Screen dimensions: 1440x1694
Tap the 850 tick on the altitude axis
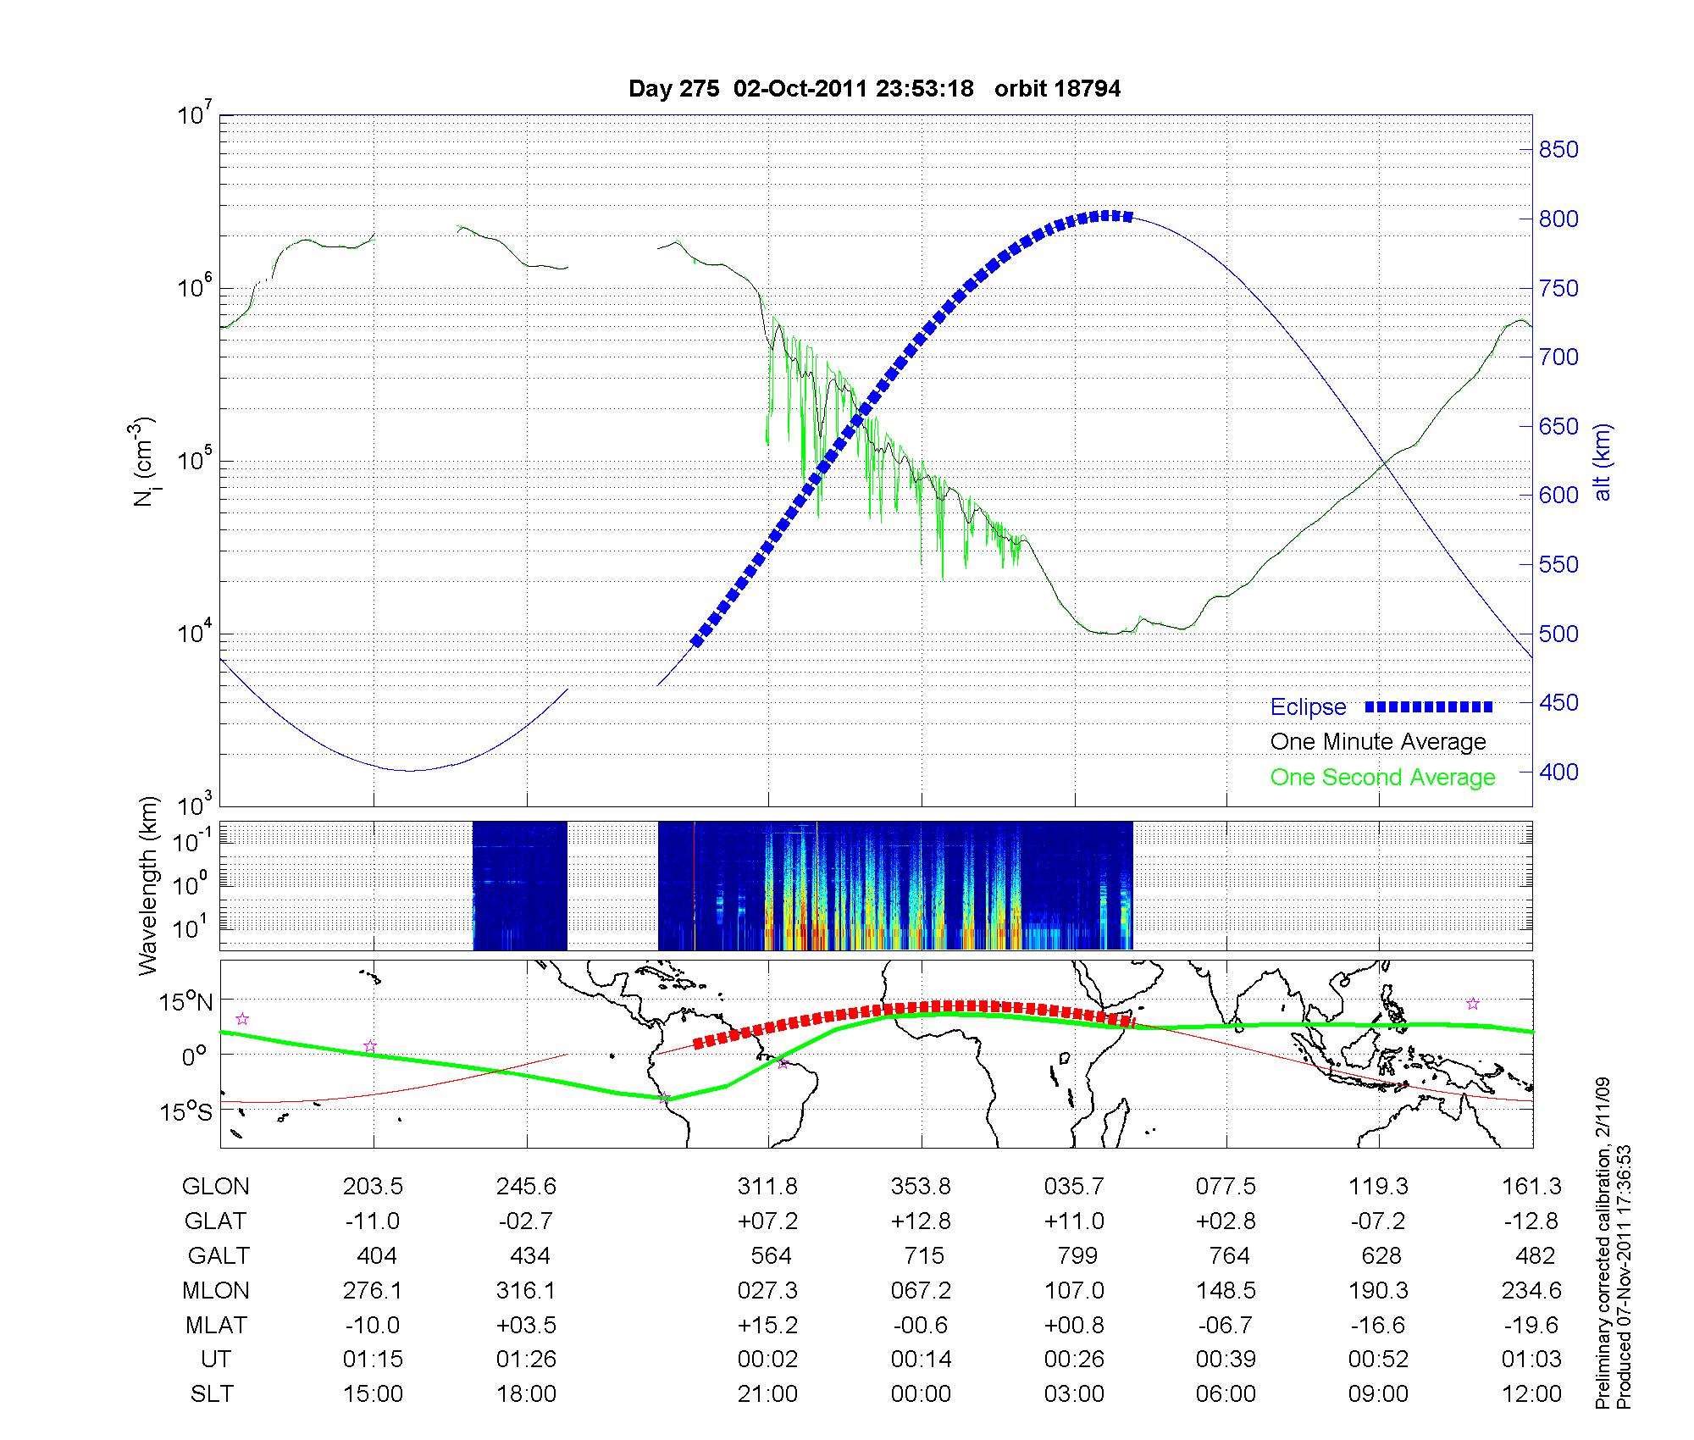[x=1558, y=150]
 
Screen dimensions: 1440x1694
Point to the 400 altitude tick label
[x=1558, y=772]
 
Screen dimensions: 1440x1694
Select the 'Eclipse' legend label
[x=1308, y=706]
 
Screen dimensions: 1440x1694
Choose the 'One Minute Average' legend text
[x=1378, y=742]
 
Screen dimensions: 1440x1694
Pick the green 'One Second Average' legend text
[x=1382, y=778]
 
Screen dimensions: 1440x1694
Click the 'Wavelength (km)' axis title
[x=149, y=886]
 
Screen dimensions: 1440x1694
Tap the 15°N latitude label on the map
[x=187, y=1003]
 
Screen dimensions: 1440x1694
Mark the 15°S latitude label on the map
[x=187, y=1111]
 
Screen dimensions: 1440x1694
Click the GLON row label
[x=215, y=1187]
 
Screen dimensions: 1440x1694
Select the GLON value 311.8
[x=767, y=1187]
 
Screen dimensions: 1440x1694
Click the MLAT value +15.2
[x=767, y=1325]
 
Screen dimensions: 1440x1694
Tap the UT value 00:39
[x=1226, y=1360]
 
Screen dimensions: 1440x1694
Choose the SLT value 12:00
[x=1531, y=1394]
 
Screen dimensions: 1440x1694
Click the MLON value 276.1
[x=373, y=1290]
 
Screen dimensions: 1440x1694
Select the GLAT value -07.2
[x=1379, y=1221]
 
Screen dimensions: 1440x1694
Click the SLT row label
[x=212, y=1394]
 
